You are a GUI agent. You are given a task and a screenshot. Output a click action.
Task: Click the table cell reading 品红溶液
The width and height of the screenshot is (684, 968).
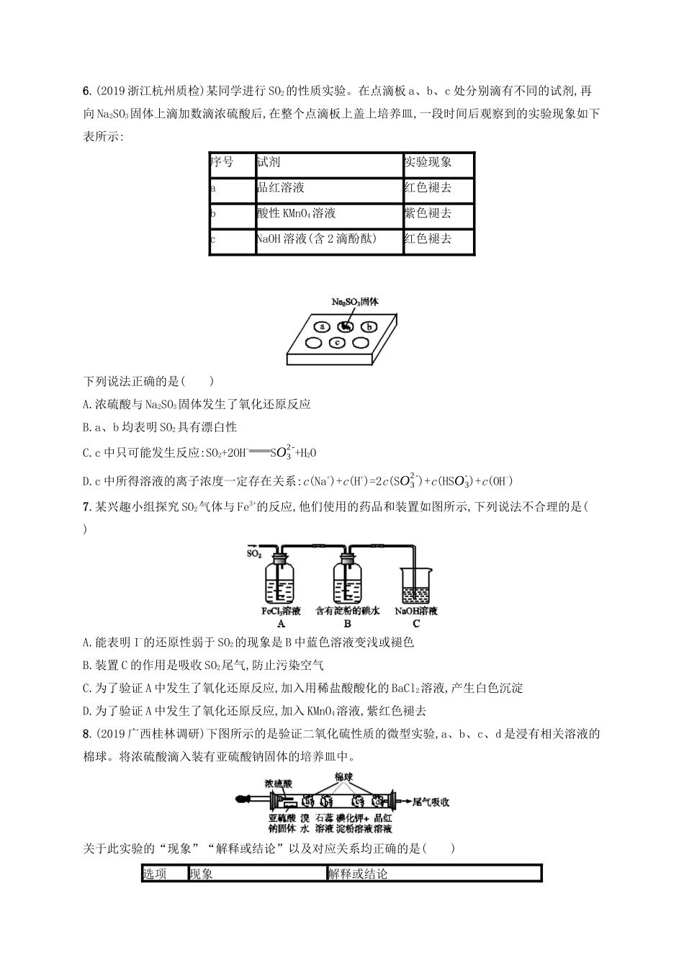[281, 188]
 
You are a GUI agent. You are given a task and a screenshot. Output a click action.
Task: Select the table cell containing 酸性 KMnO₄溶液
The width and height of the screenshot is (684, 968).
[297, 214]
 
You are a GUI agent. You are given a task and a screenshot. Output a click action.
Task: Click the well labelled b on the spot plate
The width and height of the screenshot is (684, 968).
[369, 326]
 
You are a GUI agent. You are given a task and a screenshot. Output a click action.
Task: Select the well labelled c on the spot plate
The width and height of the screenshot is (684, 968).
[336, 343]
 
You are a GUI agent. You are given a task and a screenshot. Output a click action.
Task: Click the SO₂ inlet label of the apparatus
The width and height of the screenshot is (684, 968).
[253, 554]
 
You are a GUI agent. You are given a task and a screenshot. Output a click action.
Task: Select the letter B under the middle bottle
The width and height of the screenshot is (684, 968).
[348, 624]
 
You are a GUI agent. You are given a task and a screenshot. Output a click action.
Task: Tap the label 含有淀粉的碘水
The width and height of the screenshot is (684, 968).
[348, 611]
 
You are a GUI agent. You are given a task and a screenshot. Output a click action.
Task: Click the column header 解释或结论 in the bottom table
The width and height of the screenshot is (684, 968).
[357, 874]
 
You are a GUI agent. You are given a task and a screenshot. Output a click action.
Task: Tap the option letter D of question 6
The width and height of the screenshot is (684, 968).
[87, 482]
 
